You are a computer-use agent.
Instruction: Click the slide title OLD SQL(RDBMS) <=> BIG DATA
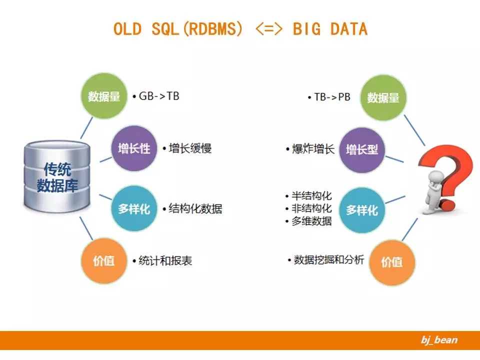coord(240,29)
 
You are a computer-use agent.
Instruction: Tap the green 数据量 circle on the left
coord(103,96)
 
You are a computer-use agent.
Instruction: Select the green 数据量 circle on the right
coord(383,98)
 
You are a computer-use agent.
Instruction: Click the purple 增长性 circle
coord(133,149)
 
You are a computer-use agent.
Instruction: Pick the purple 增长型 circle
coord(362,149)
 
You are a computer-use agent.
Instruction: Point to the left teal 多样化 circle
coord(133,208)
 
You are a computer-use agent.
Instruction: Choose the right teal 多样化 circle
coord(362,210)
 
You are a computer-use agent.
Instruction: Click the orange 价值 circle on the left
coord(103,261)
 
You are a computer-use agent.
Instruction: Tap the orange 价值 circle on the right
coord(391,262)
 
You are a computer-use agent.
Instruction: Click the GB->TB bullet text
coord(158,96)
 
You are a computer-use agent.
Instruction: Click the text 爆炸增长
coord(312,149)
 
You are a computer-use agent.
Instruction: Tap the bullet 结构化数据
coord(195,208)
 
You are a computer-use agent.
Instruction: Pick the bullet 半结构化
coord(311,196)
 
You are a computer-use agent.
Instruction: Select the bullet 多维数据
coord(311,221)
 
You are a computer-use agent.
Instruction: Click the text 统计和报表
coord(164,260)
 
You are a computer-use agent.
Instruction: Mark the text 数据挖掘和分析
coord(328,259)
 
